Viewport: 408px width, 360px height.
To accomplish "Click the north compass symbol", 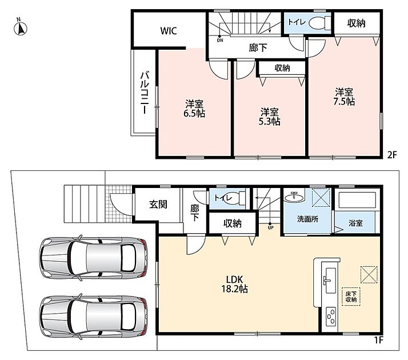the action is coord(21,28).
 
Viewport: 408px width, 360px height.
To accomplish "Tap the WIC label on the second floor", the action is coord(169,31).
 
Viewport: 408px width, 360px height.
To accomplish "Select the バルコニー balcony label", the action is coord(145,93).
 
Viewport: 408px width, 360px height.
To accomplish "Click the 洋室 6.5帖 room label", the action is coord(194,109).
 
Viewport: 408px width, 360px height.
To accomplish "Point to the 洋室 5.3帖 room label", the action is coord(269,117).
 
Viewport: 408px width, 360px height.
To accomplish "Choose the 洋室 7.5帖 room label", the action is coord(344,97).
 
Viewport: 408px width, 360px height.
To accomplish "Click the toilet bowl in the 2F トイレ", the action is coord(317,23).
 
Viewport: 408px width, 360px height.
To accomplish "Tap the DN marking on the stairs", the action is coord(220,41).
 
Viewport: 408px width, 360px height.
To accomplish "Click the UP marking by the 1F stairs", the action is coord(271,227).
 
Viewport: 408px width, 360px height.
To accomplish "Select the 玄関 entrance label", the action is coord(158,205).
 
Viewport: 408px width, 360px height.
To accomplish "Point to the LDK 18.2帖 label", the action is coord(234,284).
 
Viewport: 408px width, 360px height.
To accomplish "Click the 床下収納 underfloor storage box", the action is coord(351,297).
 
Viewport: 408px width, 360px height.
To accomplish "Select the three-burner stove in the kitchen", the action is coord(331,316).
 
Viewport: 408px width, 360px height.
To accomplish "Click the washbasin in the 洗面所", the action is coord(294,197).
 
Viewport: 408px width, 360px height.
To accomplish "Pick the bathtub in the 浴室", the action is coord(357,199).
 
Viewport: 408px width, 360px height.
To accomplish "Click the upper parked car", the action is coord(93,258).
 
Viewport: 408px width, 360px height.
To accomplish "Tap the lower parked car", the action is coord(93,317).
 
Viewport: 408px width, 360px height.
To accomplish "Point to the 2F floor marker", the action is coord(393,155).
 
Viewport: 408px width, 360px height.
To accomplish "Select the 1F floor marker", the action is coord(378,339).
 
